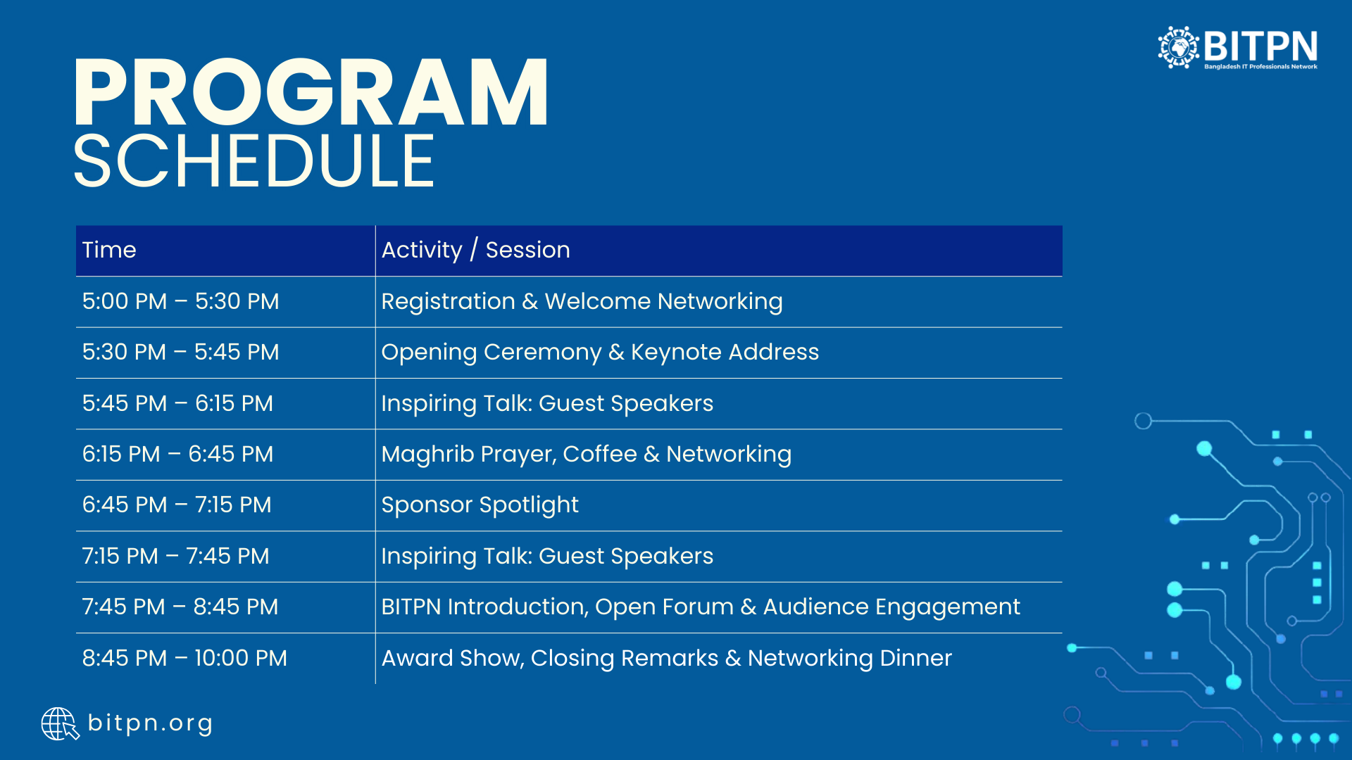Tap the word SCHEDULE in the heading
coord(254,161)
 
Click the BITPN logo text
coord(1260,46)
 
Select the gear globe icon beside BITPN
coord(1179,47)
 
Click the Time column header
coord(109,250)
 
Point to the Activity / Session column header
coord(476,250)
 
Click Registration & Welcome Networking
coord(582,302)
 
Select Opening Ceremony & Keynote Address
coord(600,353)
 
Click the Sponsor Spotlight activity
coord(480,505)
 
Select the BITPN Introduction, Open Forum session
coord(701,607)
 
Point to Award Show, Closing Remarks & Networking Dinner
coord(667,659)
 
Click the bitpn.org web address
coord(150,724)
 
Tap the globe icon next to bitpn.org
coord(60,724)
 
